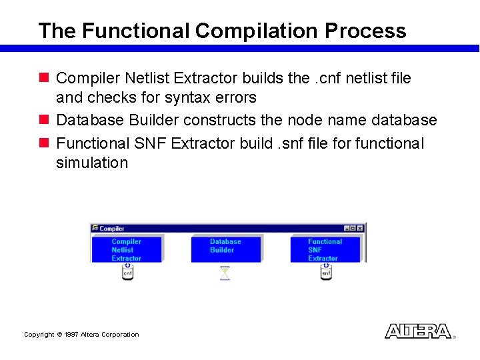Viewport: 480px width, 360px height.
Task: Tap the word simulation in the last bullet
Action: (x=91, y=163)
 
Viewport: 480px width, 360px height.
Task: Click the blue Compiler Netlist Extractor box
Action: (x=126, y=249)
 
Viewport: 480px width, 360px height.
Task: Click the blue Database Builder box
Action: (x=225, y=247)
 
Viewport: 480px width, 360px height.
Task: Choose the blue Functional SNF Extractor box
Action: (x=325, y=249)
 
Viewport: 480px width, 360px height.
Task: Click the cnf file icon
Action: (x=127, y=271)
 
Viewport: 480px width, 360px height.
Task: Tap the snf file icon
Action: (x=326, y=271)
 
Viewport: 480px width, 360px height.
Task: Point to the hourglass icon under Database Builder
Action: (x=225, y=273)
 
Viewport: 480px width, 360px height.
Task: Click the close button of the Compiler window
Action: (x=361, y=228)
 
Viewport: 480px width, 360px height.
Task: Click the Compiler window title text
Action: (x=112, y=229)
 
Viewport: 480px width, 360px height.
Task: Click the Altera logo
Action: (x=417, y=331)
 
